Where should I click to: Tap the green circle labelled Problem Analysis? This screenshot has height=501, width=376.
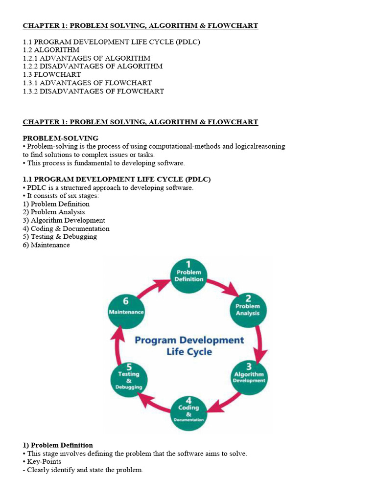(x=248, y=306)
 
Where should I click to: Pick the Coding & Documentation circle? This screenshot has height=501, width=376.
(x=189, y=412)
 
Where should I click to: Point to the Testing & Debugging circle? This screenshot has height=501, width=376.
(x=129, y=377)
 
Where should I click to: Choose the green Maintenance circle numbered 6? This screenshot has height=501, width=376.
(x=126, y=307)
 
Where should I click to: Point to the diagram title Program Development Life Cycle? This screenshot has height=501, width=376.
(x=189, y=345)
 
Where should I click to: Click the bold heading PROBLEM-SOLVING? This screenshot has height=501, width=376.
(x=60, y=138)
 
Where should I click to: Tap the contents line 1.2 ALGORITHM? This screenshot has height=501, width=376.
(x=51, y=50)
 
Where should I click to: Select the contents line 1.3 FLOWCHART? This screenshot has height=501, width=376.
(x=52, y=75)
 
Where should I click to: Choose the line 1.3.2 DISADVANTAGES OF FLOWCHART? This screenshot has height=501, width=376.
(x=94, y=91)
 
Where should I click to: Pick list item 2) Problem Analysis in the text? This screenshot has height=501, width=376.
(x=54, y=212)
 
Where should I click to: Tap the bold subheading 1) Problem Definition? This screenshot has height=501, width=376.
(x=58, y=445)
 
